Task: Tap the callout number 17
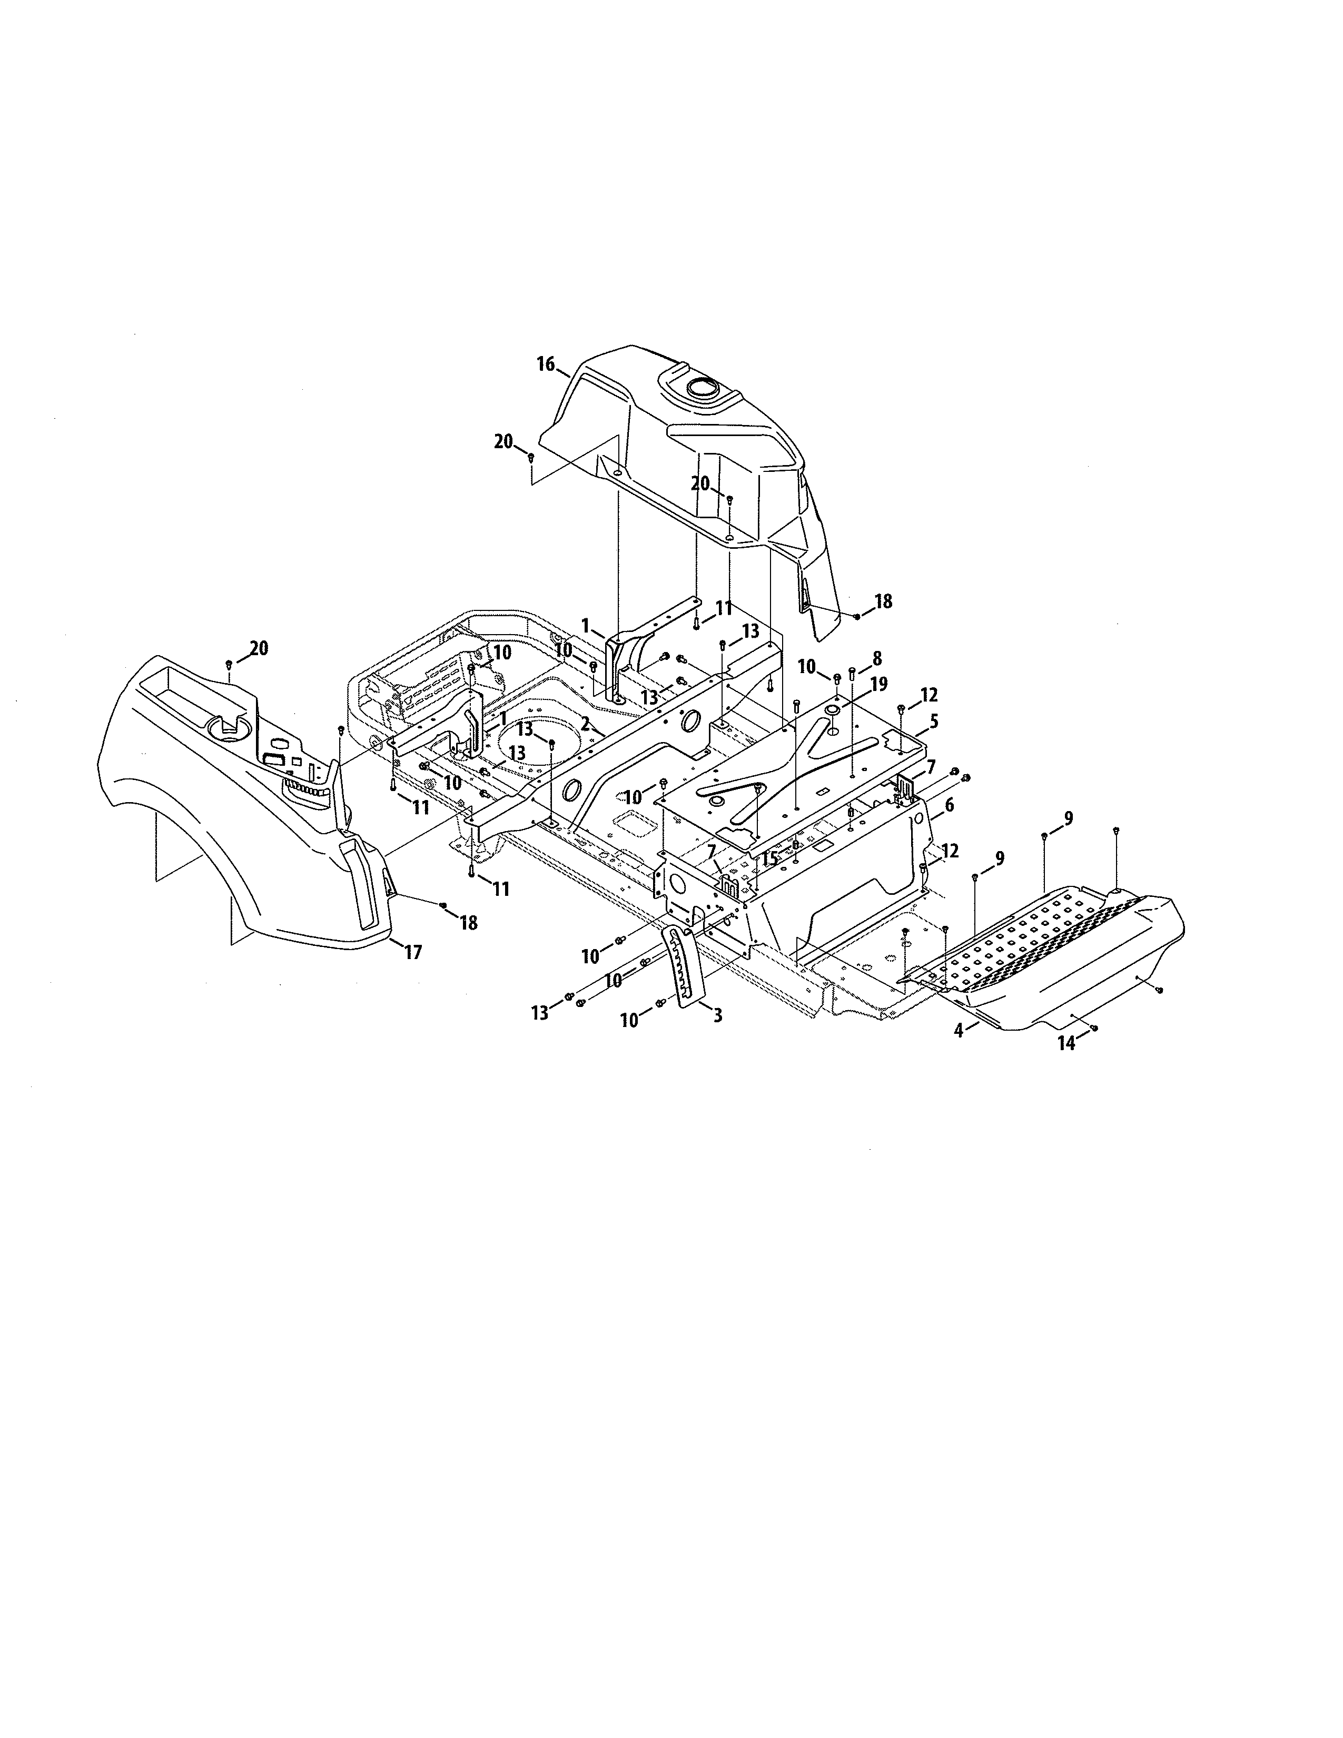[413, 951]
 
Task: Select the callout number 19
[878, 684]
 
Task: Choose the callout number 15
[768, 860]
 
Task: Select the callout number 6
[949, 805]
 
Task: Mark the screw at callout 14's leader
[1093, 1028]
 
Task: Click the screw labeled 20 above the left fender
[229, 663]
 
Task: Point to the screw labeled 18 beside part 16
[856, 616]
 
